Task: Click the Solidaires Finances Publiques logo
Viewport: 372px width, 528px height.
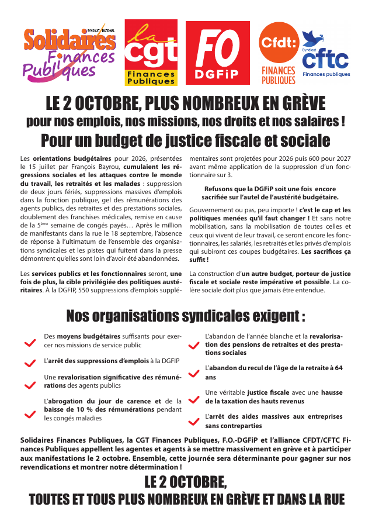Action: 69,53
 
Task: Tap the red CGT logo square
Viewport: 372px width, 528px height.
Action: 152,53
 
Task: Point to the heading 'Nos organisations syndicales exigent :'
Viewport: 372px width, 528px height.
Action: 186,316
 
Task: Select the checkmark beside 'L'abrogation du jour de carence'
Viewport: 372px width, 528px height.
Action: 29,414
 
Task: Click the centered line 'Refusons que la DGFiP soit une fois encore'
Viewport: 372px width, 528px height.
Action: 270,189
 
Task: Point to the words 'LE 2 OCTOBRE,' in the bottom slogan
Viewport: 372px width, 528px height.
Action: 186,482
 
